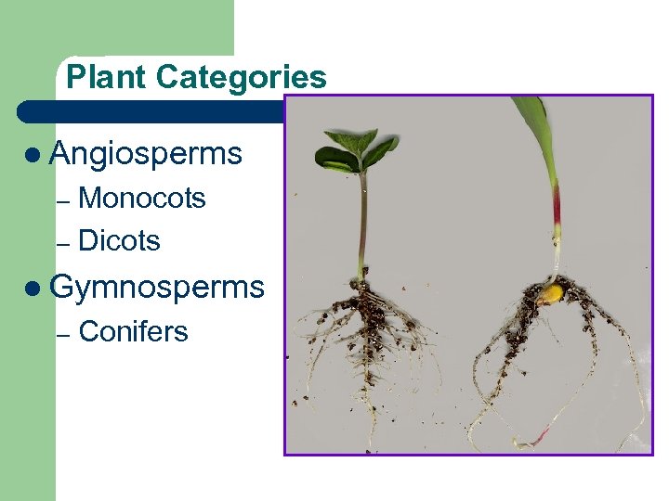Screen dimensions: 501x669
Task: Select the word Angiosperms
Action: (x=146, y=153)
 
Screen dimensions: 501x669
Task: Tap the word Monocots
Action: (x=142, y=199)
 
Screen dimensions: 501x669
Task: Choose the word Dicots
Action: (x=120, y=241)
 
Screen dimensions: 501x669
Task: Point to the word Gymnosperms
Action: (x=157, y=288)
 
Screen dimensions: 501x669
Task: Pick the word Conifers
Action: (x=134, y=331)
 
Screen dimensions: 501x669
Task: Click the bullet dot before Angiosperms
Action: (x=33, y=154)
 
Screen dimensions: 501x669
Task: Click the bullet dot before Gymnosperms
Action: (x=33, y=289)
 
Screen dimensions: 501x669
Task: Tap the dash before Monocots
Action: (x=63, y=200)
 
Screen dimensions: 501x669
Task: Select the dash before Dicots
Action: (x=63, y=243)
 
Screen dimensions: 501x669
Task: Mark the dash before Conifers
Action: (x=63, y=333)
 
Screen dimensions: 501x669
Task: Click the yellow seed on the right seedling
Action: (x=552, y=295)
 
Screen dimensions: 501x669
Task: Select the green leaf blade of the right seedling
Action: (x=536, y=130)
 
